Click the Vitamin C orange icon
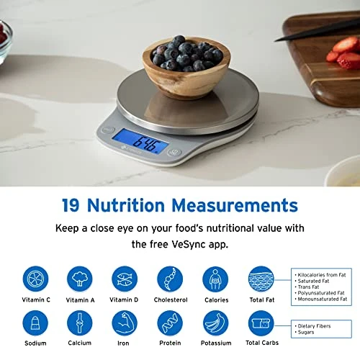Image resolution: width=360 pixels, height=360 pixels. tap(35, 279)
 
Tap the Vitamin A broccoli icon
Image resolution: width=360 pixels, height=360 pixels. tap(80, 279)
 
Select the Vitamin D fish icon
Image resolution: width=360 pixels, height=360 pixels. tap(125, 279)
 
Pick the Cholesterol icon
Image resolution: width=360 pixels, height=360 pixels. tap(170, 279)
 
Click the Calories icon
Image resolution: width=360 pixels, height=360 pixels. tap(215, 279)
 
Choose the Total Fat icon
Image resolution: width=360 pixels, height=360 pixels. tap(261, 279)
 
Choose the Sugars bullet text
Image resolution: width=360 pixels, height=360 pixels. tap(308, 333)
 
